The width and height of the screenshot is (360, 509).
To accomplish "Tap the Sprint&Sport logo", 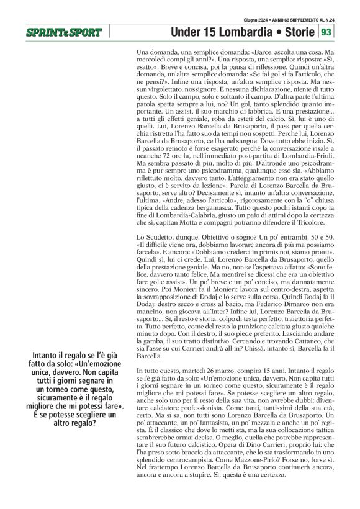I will [63, 32].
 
